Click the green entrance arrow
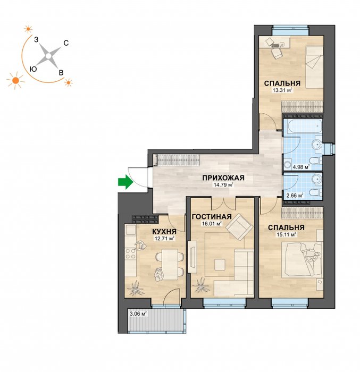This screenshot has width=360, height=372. click(x=125, y=182)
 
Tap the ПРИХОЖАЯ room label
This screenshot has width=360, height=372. click(x=223, y=177)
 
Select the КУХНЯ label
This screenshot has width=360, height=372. click(x=164, y=231)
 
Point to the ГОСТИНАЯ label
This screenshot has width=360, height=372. click(x=212, y=216)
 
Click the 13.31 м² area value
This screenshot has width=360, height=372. click(x=282, y=90)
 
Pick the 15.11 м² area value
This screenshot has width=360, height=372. click(x=286, y=235)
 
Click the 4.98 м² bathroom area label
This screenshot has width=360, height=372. click(x=301, y=167)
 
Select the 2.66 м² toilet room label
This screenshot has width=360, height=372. click(x=295, y=196)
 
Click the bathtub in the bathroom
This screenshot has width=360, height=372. click(x=303, y=126)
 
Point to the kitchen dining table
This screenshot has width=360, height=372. click(x=170, y=264)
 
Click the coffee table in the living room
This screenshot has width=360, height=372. click(x=220, y=265)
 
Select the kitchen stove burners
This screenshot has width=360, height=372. click(x=130, y=253)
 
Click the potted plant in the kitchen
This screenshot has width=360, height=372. click(x=136, y=288)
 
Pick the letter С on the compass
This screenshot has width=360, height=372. click(x=66, y=43)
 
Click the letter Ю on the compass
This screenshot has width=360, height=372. click(x=34, y=69)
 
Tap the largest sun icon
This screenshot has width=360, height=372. click(x=15, y=80)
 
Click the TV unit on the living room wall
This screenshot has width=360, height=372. click(x=192, y=257)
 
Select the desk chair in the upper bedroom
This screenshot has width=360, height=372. click(x=277, y=53)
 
